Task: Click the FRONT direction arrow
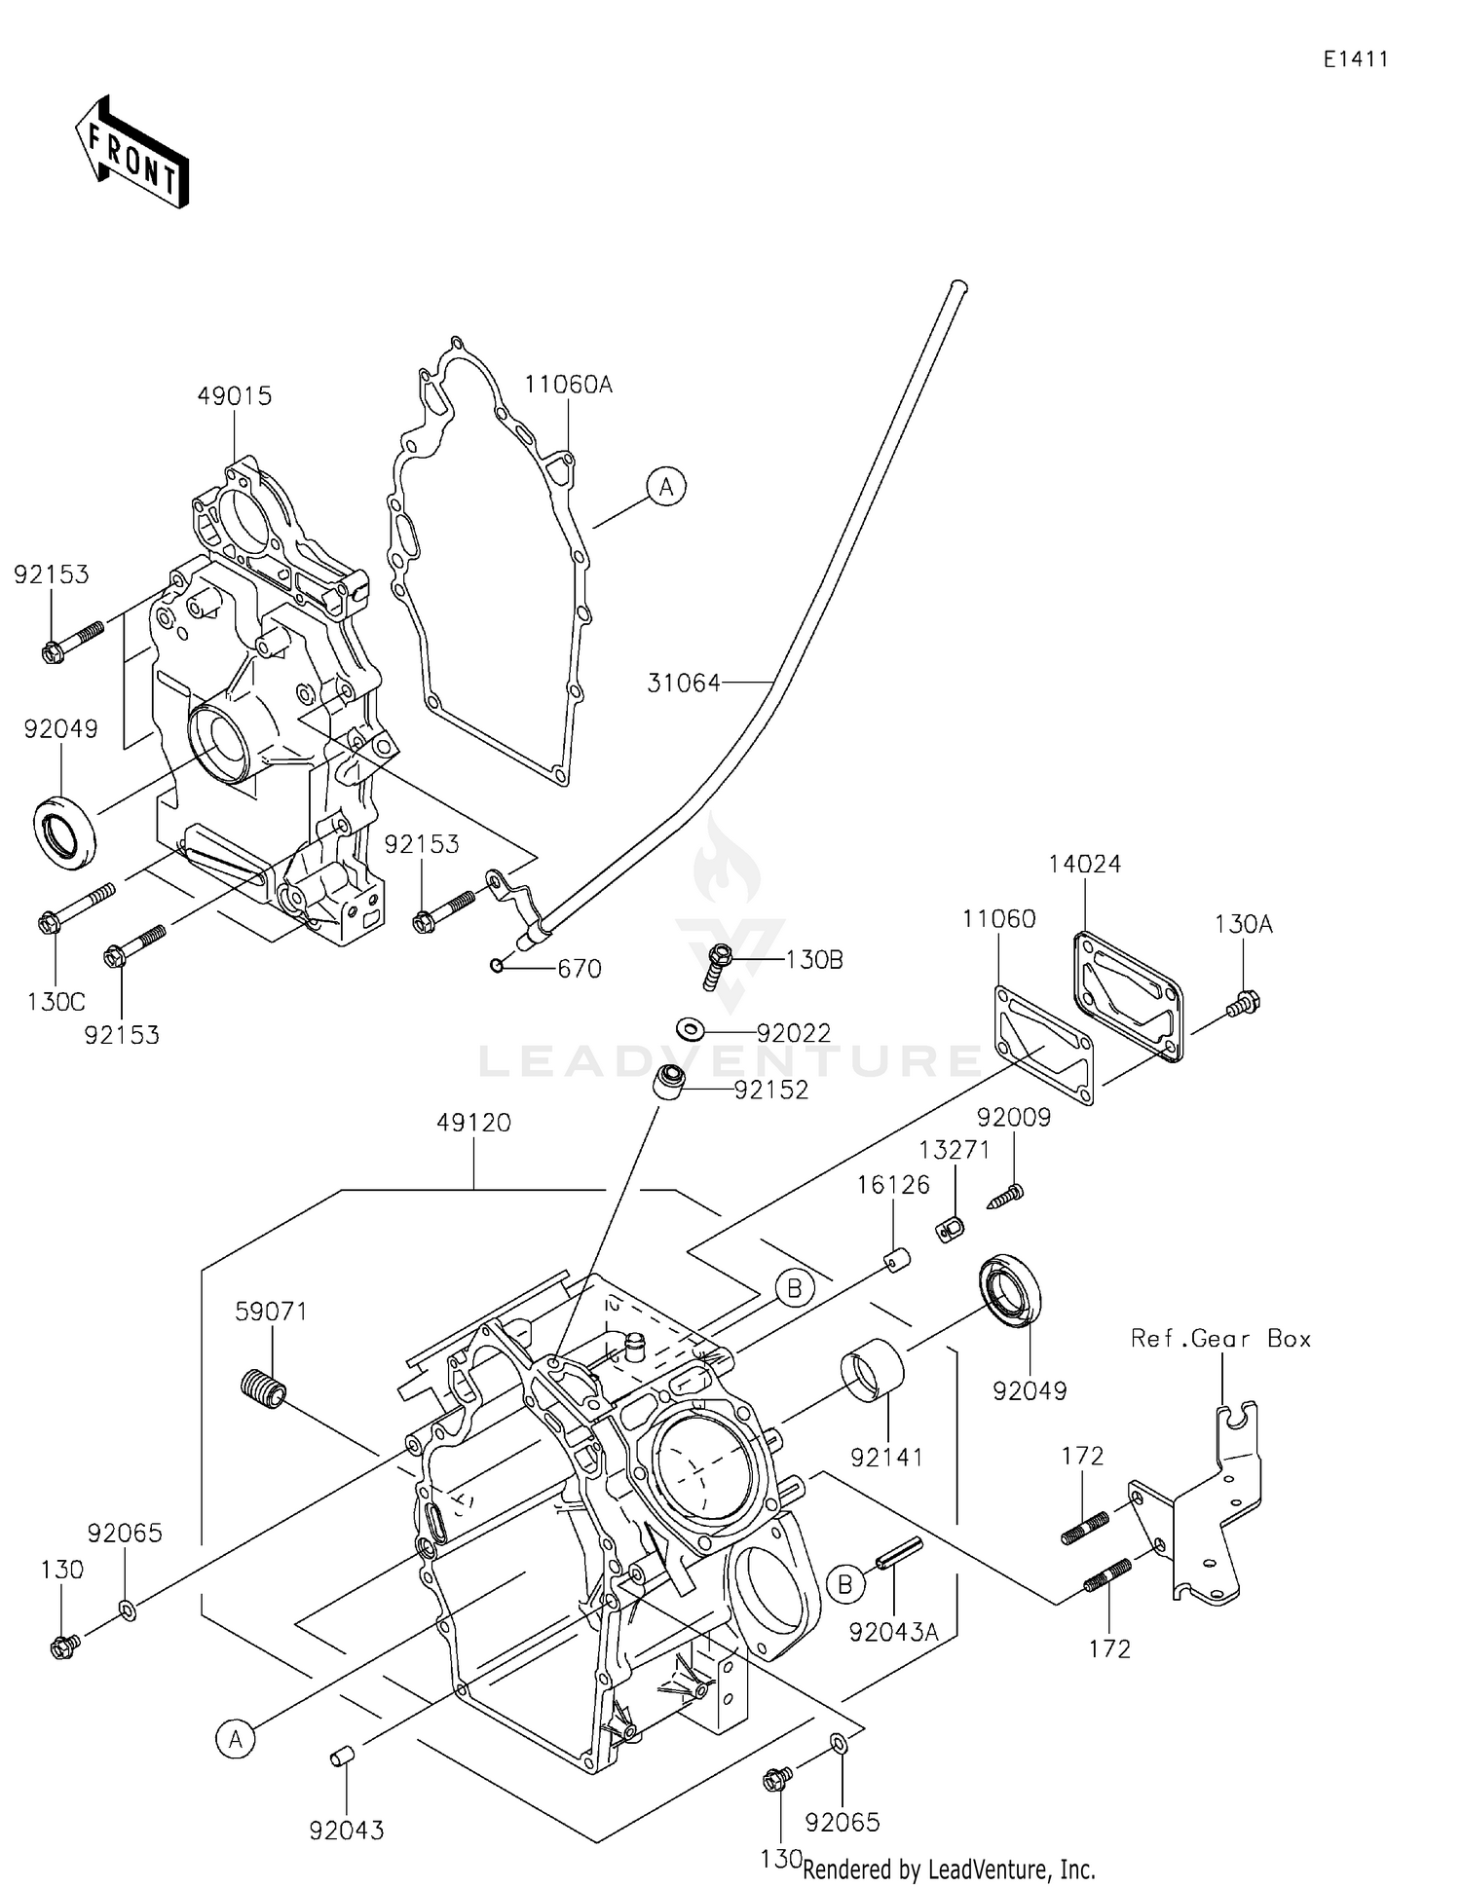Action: click(131, 153)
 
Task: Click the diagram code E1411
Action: click(1355, 59)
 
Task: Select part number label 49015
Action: click(234, 396)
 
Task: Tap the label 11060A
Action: click(568, 385)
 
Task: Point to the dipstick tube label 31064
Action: click(684, 684)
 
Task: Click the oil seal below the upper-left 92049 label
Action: click(66, 832)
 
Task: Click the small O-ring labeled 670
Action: click(497, 965)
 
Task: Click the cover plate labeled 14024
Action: click(1128, 995)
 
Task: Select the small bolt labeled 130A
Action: click(1245, 1002)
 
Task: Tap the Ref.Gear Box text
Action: click(1220, 1339)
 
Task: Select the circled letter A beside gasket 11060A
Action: click(666, 486)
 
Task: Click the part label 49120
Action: click(473, 1123)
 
